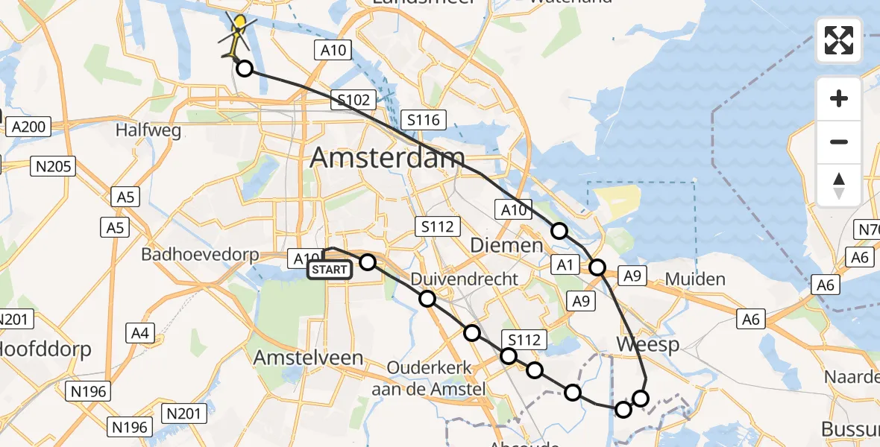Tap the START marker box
coord(329,269)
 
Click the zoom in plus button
coord(839,98)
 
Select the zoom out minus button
coord(839,142)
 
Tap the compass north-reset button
coord(839,185)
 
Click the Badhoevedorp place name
coord(200,254)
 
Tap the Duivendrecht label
coord(465,279)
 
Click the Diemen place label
coord(506,245)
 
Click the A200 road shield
coord(29,127)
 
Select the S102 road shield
coord(354,100)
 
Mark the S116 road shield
coord(423,119)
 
